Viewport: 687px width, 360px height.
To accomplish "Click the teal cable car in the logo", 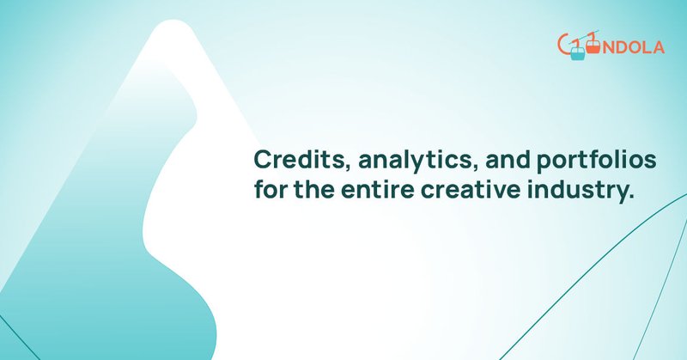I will [x=577, y=55].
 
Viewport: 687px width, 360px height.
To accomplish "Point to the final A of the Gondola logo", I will [x=658, y=48].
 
